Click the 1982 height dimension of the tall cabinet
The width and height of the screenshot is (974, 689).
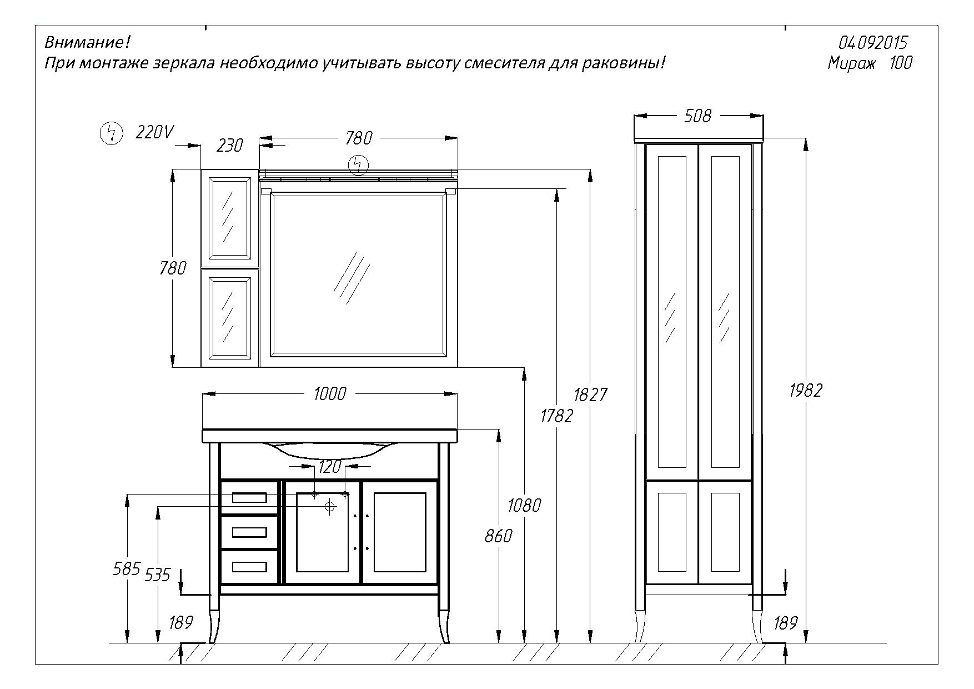tap(805, 391)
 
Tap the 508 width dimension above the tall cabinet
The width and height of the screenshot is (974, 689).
tap(698, 116)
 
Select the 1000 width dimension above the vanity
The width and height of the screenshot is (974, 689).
tap(329, 393)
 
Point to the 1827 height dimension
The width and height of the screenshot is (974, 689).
tap(590, 395)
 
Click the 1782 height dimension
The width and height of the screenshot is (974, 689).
tap(556, 415)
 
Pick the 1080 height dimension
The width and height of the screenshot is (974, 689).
tap(524, 505)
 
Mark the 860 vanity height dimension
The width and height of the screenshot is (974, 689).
tap(498, 536)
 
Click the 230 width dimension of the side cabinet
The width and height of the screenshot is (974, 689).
tap(229, 145)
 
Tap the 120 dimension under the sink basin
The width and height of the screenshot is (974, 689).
tap(330, 467)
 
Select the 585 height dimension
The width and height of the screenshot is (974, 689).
tap(127, 569)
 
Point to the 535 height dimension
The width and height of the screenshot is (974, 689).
tap(157, 575)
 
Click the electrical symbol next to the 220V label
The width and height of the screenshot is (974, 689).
tap(111, 133)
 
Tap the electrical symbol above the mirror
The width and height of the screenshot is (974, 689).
tap(358, 165)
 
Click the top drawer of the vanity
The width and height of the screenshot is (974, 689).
tap(249, 497)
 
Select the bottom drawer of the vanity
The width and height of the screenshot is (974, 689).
tap(249, 566)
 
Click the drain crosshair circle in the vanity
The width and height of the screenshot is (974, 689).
tap(330, 506)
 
